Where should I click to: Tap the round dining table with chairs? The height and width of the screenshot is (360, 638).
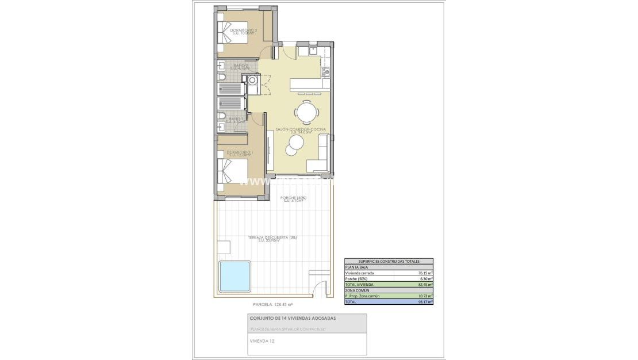(x=305, y=110)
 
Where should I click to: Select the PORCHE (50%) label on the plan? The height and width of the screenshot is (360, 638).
(x=294, y=199)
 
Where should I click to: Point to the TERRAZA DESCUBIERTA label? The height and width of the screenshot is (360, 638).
(x=272, y=238)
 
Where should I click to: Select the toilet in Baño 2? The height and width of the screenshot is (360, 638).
(x=223, y=77)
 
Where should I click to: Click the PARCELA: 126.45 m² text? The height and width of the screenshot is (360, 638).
(x=273, y=304)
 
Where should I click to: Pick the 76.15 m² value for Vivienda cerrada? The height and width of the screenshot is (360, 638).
(x=425, y=273)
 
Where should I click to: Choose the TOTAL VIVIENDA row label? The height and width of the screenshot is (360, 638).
(x=359, y=285)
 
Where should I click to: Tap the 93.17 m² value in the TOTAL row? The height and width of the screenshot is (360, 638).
(x=425, y=301)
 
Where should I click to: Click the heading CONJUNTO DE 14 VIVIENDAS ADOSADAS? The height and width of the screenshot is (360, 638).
(x=293, y=318)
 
